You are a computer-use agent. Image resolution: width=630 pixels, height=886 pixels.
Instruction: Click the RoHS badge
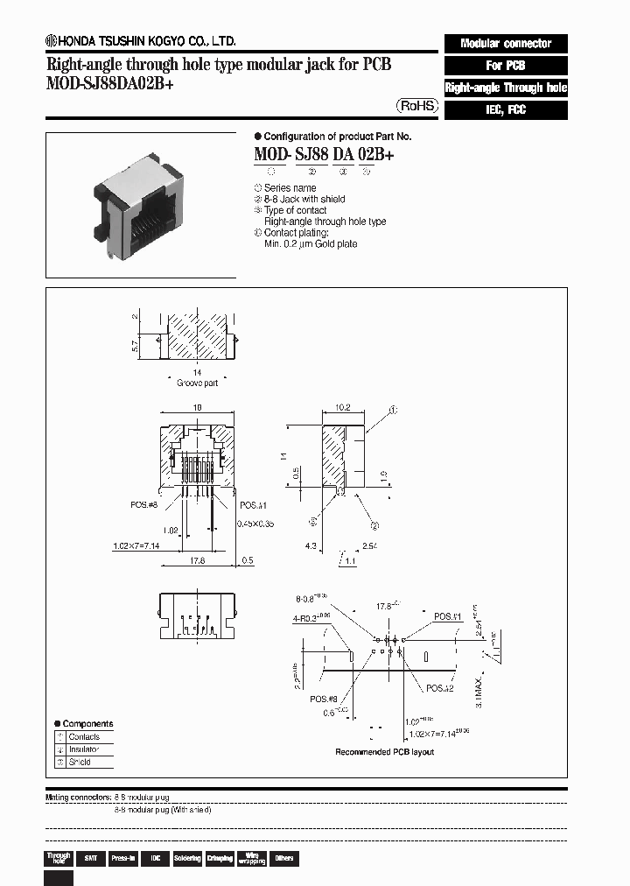click(x=417, y=105)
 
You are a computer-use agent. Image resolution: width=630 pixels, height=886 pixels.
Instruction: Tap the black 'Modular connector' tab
click(x=506, y=43)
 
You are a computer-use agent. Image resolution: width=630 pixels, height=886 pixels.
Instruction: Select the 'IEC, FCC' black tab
click(x=506, y=110)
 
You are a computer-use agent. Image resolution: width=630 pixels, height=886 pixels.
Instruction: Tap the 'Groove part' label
click(x=197, y=383)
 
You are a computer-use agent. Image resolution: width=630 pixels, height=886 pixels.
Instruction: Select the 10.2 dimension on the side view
click(x=343, y=407)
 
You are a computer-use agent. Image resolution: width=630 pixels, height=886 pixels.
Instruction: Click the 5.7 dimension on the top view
click(x=135, y=347)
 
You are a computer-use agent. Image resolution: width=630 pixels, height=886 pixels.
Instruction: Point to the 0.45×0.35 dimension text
click(x=255, y=524)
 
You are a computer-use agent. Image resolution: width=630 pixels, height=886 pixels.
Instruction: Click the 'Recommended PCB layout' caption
click(x=384, y=752)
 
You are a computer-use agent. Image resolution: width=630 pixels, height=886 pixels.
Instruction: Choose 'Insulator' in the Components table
click(x=85, y=749)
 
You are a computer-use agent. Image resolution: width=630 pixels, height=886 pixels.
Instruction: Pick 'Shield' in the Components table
click(x=80, y=762)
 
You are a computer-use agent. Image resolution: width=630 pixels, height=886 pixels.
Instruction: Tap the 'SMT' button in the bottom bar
click(x=89, y=859)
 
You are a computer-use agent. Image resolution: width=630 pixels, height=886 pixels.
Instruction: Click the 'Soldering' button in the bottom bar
click(x=186, y=859)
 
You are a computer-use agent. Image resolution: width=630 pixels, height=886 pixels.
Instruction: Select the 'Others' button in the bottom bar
click(x=283, y=859)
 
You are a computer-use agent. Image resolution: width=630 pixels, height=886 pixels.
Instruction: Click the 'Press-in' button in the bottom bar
click(x=122, y=859)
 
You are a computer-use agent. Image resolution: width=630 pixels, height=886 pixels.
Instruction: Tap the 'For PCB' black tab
click(x=506, y=66)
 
